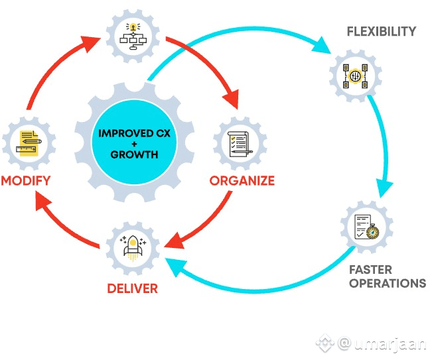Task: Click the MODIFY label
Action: click(x=26, y=181)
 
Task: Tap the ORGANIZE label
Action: click(x=242, y=181)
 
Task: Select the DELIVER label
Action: click(x=133, y=288)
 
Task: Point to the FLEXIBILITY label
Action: click(x=382, y=31)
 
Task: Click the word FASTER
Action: click(x=370, y=270)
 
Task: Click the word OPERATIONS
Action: click(x=388, y=283)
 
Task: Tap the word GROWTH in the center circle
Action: click(x=135, y=154)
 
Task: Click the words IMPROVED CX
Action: click(x=135, y=133)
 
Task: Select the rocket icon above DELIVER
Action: click(x=133, y=248)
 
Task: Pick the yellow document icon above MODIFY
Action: click(x=29, y=143)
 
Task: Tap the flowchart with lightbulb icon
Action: click(x=133, y=36)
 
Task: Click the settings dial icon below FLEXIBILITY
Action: click(x=355, y=76)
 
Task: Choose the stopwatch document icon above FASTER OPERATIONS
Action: click(x=367, y=227)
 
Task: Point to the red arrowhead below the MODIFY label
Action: click(x=44, y=201)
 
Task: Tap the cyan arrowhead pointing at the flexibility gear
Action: click(x=322, y=45)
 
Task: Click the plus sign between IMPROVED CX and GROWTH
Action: click(x=135, y=144)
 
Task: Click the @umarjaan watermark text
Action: click(x=382, y=344)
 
